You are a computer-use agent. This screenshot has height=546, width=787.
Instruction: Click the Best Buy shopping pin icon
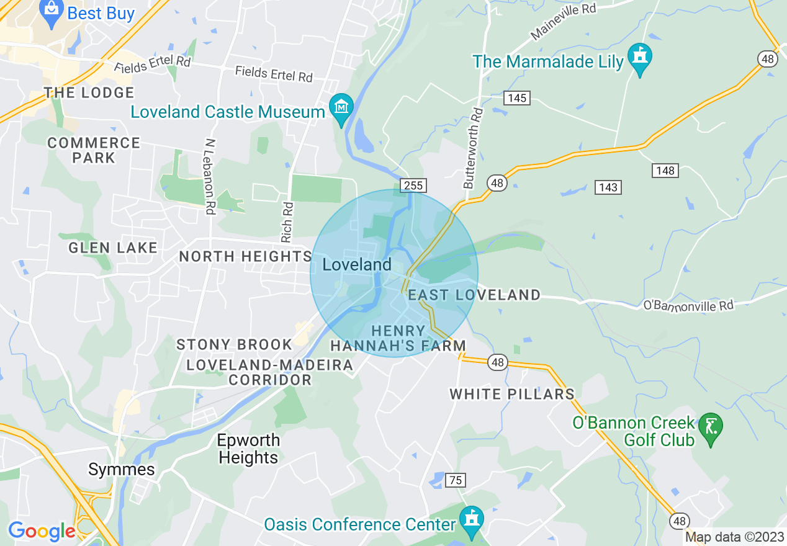click(x=52, y=12)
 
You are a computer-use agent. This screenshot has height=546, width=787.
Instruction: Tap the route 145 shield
click(x=516, y=98)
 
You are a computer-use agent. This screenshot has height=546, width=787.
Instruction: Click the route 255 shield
click(x=412, y=185)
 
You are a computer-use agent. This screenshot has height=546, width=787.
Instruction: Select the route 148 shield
click(x=665, y=171)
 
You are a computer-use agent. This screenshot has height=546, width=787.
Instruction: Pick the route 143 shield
click(x=608, y=187)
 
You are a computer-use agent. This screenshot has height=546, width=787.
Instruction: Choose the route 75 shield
click(x=456, y=480)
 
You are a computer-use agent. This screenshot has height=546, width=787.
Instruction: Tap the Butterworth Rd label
click(x=474, y=149)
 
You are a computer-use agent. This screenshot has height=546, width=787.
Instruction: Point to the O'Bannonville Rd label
click(x=688, y=305)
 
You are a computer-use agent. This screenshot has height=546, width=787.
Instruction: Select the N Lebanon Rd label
click(x=208, y=176)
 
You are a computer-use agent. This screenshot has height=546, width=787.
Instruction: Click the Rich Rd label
click(x=287, y=222)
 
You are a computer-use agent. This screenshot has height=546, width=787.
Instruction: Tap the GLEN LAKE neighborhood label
click(x=113, y=248)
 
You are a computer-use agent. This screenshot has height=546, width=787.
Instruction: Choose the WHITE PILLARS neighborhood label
click(x=512, y=394)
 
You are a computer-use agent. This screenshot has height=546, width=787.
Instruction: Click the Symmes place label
click(x=122, y=469)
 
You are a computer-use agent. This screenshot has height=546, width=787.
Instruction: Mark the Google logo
click(x=41, y=531)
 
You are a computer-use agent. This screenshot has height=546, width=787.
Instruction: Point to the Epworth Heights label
click(x=248, y=449)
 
